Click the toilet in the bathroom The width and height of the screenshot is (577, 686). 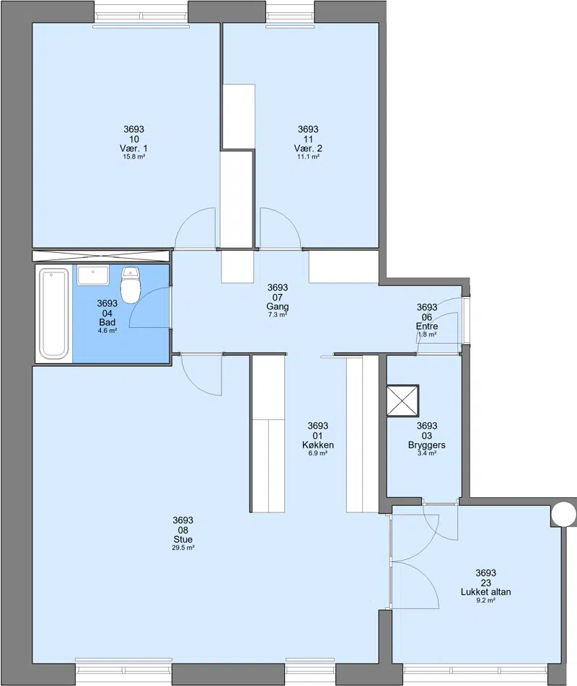coord(130,285)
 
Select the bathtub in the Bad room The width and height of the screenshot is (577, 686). coord(54,313)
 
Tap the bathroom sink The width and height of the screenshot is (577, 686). coord(93,275)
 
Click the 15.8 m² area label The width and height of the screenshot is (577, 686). coord(134,156)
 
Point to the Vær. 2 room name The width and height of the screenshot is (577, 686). coord(308,148)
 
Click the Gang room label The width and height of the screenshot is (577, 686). coord(278,307)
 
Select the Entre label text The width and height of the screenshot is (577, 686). coord(427,326)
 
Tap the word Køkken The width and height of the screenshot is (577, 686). coord(318,445)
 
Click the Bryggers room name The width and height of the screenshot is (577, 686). coord(427,445)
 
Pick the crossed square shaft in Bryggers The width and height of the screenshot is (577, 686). coord(402,401)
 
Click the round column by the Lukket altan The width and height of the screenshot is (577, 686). coord(564,514)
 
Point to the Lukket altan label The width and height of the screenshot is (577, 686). coord(486,592)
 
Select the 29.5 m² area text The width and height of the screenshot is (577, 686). coord(183,548)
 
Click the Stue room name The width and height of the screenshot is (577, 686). coord(183,540)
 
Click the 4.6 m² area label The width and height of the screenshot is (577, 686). coord(107,331)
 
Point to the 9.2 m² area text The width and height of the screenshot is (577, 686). coord(486,601)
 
